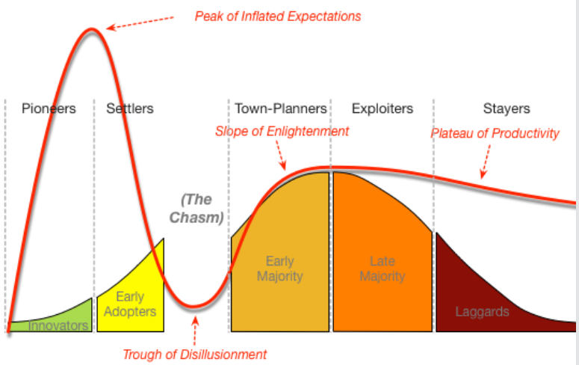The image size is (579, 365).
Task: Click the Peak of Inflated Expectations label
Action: pyautogui.click(x=278, y=16)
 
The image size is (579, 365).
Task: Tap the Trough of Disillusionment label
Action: pyautogui.click(x=194, y=355)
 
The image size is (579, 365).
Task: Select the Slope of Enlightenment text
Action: pyautogui.click(x=282, y=132)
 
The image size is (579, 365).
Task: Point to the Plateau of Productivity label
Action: pyautogui.click(x=495, y=133)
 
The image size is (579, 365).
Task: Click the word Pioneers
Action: pyautogui.click(x=49, y=108)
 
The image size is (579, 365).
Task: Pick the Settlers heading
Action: pyautogui.click(x=130, y=108)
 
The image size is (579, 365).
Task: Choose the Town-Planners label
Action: pyautogui.click(x=281, y=108)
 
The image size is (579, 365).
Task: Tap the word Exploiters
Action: pyautogui.click(x=383, y=108)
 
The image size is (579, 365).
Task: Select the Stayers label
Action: pyautogui.click(x=507, y=108)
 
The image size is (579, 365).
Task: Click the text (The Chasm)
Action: pyautogui.click(x=196, y=209)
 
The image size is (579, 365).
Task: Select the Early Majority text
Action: pyautogui.click(x=280, y=269)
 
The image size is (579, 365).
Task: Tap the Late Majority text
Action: pyautogui.click(x=383, y=269)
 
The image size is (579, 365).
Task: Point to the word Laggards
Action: pyautogui.click(x=483, y=312)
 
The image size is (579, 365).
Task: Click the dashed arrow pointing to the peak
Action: pyautogui.click(x=140, y=22)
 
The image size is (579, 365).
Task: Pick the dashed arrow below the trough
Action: pyautogui.click(x=195, y=332)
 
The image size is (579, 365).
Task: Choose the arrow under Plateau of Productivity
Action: pyautogui.click(x=486, y=162)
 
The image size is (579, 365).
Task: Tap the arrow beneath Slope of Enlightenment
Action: pyautogui.click(x=282, y=156)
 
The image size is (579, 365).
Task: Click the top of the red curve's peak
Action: pyautogui.click(x=91, y=29)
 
